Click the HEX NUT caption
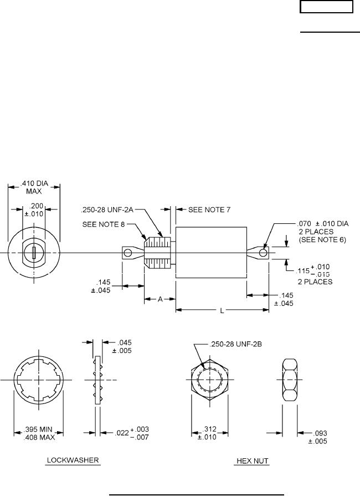point(251,461)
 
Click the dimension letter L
point(222,311)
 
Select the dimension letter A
point(160,299)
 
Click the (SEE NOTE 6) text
point(322,240)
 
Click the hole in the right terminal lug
point(264,253)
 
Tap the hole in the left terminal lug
point(128,253)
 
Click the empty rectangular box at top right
point(326,7)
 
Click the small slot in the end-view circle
point(34,253)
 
